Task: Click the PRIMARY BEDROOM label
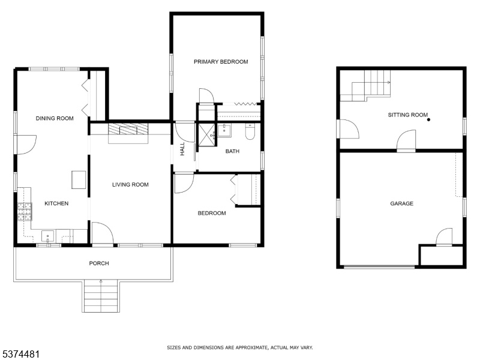(x=221, y=62)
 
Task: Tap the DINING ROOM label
(x=55, y=118)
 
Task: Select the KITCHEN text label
(x=56, y=203)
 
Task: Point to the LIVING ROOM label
(x=130, y=185)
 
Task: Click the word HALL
(x=182, y=149)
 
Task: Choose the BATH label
(x=232, y=151)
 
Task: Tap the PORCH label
(x=99, y=263)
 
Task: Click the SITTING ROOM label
(x=408, y=115)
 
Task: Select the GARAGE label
(x=401, y=203)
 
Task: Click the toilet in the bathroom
(x=250, y=132)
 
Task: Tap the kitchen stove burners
(x=25, y=212)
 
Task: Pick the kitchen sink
(x=48, y=236)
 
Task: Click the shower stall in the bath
(x=207, y=134)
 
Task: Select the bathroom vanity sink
(x=224, y=130)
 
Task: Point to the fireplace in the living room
(x=128, y=133)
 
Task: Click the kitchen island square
(x=79, y=179)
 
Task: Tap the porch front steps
(x=101, y=296)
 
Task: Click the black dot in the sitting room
(x=428, y=119)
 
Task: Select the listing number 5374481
(x=20, y=355)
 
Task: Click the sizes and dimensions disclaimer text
(x=239, y=348)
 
